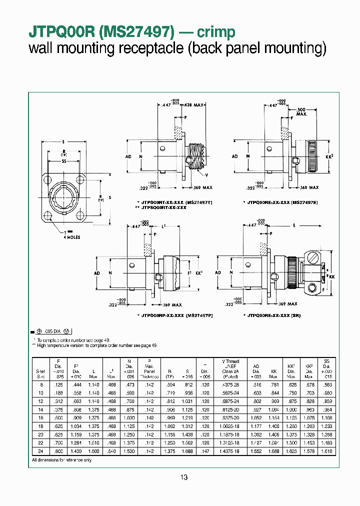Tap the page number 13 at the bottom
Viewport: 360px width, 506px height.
[x=183, y=477]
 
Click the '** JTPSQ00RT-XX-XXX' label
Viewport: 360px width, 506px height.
[x=160, y=207]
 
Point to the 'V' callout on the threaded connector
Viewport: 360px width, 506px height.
[x=206, y=175]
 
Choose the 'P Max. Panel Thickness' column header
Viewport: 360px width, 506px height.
[x=149, y=369]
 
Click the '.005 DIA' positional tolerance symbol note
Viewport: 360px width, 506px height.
[x=51, y=331]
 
